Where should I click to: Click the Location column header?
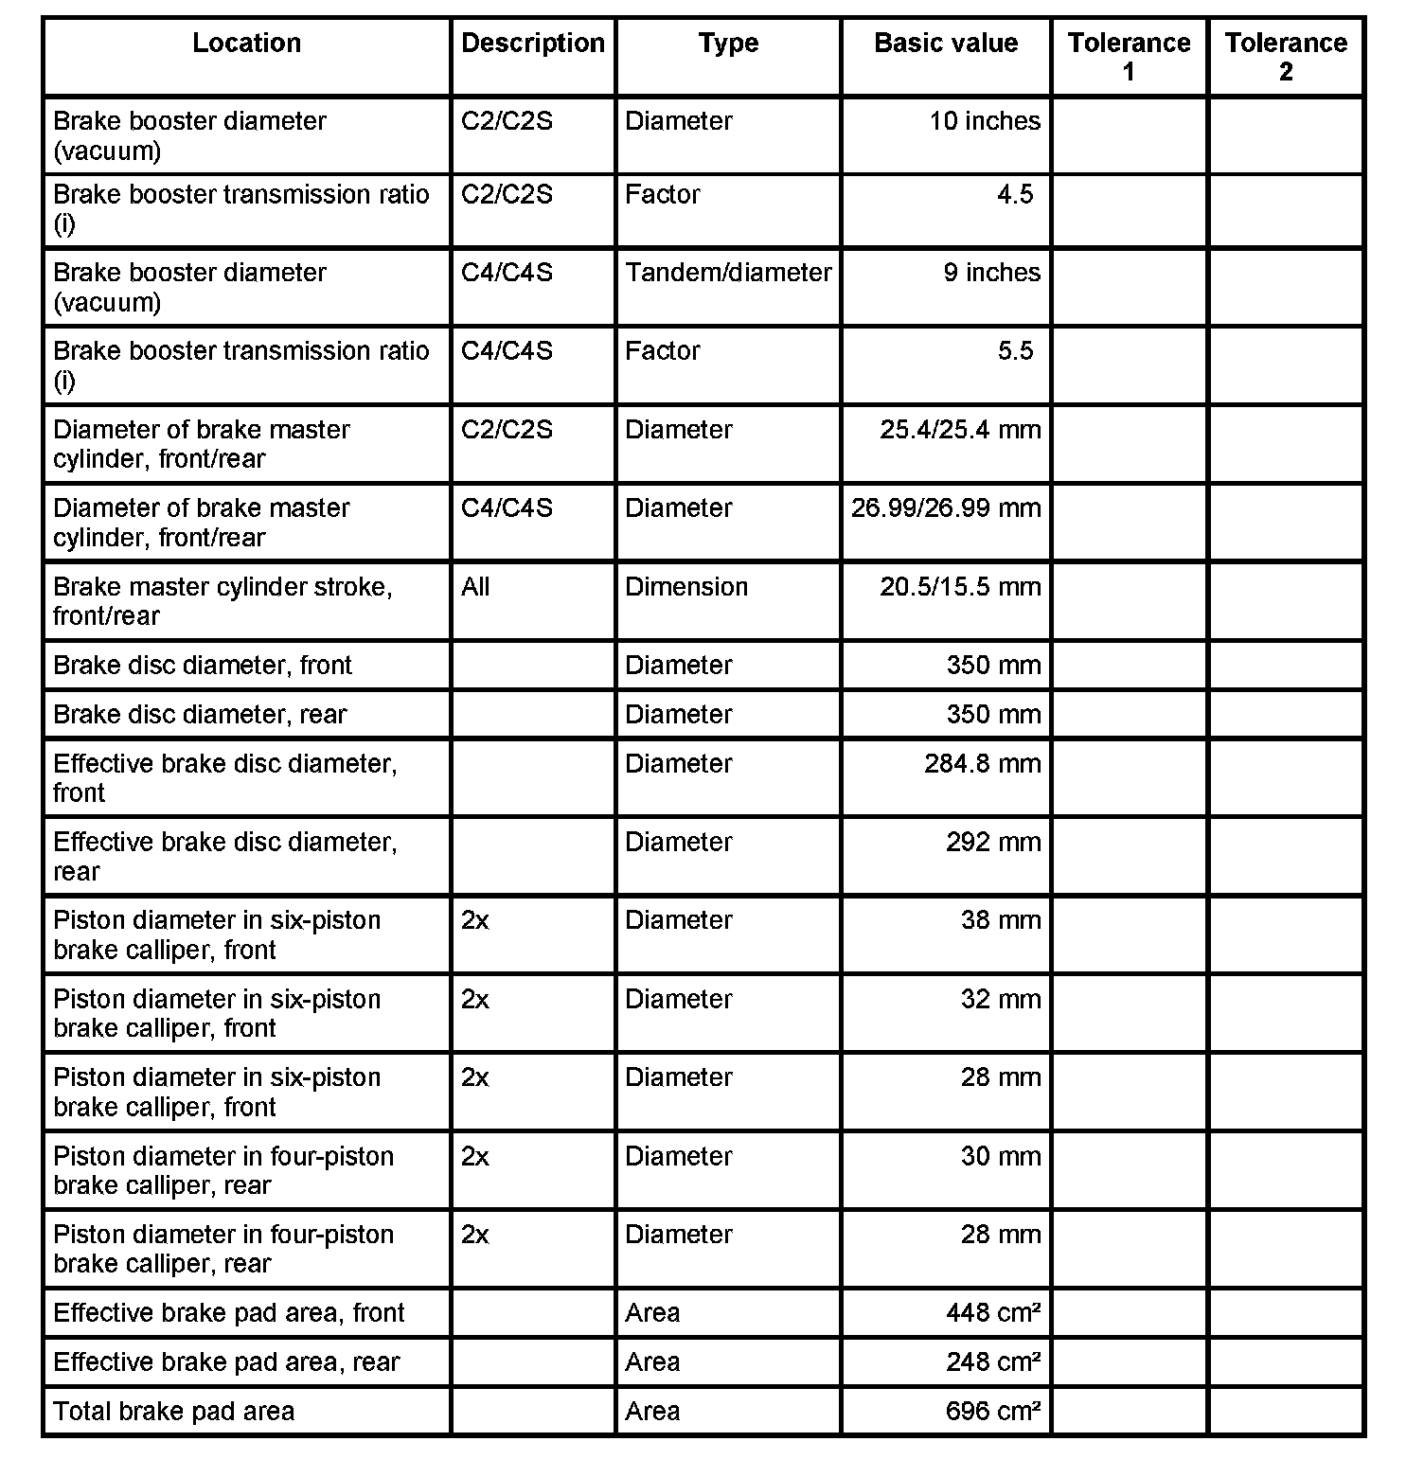pos(246,44)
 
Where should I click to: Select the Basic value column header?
pos(945,44)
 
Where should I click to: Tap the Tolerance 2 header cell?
pos(1285,57)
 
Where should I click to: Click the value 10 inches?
pos(984,121)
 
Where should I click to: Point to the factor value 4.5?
pos(1014,195)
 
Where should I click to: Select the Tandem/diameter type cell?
pos(727,273)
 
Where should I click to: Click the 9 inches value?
pos(990,273)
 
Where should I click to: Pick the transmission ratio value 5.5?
pos(1014,351)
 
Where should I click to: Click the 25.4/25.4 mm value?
pos(959,430)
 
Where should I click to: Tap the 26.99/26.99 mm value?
pos(945,508)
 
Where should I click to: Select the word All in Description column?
pos(475,587)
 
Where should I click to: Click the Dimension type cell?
pos(685,587)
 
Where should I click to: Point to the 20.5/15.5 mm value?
pos(959,587)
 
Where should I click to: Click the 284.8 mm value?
pos(982,764)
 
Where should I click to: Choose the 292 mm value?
pos(992,843)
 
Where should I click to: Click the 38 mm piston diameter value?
pos(1000,920)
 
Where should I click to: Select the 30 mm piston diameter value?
pos(1000,1157)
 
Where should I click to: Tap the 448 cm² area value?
pos(992,1313)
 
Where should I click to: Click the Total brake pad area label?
pos(173,1412)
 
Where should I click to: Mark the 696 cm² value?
pos(992,1412)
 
